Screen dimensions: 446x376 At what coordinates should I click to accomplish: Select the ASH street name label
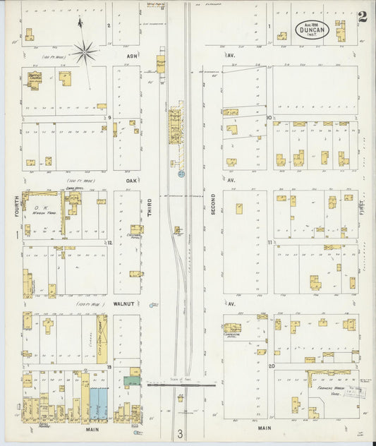click(132, 55)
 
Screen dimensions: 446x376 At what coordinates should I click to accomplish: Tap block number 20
click(271, 366)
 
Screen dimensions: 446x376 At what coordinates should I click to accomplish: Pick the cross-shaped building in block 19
click(47, 326)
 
